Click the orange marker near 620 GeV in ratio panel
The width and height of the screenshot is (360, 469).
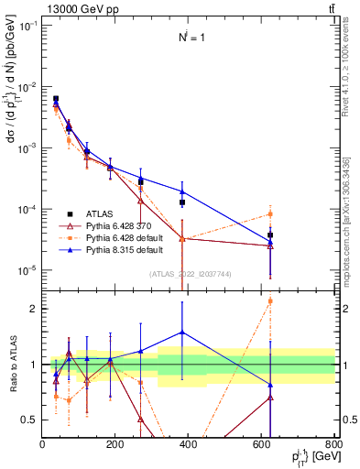click(x=270, y=300)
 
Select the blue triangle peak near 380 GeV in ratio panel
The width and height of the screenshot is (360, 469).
click(x=182, y=333)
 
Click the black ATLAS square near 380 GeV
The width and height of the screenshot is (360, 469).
click(x=182, y=202)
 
